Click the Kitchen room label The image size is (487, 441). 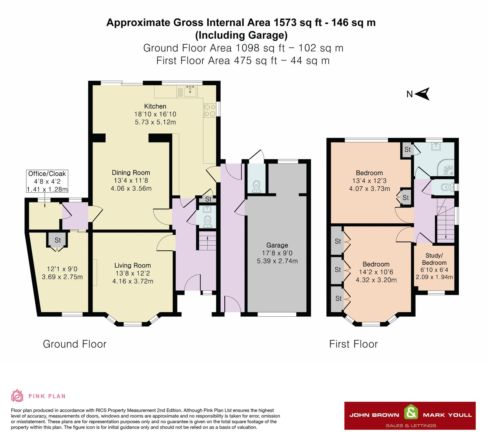155,106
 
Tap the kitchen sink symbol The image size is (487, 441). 190,91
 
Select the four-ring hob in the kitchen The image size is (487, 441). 209,110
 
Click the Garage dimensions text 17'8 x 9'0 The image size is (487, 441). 277,253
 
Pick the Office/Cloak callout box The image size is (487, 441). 47,181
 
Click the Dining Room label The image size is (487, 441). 131,173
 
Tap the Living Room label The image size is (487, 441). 132,265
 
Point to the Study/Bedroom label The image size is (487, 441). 434,259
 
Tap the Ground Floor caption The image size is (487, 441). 75,344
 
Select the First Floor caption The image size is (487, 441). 353,344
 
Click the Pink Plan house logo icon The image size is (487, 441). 17,396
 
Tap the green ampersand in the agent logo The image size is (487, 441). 411,413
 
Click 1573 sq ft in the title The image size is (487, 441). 298,22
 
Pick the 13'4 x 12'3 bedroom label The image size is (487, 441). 369,173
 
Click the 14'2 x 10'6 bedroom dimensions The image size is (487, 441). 376,272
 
